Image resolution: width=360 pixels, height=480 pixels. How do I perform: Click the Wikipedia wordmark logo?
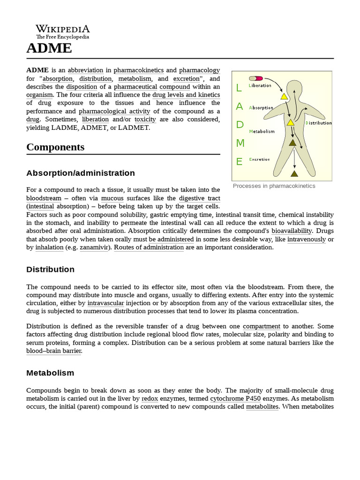pos(62,31)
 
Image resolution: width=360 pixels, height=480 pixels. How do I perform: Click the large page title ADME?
pos(49,48)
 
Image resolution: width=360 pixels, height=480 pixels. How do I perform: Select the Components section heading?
pos(55,147)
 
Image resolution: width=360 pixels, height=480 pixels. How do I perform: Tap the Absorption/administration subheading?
pos(81,173)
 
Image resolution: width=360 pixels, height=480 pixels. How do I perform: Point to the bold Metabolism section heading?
pos(50,373)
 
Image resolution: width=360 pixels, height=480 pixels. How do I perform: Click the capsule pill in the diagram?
pos(256,78)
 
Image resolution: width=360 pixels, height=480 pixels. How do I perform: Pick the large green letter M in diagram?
pos(240,143)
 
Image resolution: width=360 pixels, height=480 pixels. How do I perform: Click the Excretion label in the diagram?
pos(259,159)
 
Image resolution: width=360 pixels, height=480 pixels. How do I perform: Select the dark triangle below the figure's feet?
pos(294,173)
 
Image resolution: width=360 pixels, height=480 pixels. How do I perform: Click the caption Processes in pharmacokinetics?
pos(274,186)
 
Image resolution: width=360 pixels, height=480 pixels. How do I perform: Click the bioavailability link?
pos(292,231)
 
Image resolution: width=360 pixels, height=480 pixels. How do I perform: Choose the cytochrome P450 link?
pos(235,398)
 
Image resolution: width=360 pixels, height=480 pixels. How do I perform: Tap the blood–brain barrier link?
pos(54,351)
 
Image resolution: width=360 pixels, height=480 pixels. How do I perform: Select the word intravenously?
pos(307,239)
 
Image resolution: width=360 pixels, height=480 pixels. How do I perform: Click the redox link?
pos(150,398)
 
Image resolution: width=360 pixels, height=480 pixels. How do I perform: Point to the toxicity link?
pos(145,120)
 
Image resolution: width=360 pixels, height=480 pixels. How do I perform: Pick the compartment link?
pos(262,326)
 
